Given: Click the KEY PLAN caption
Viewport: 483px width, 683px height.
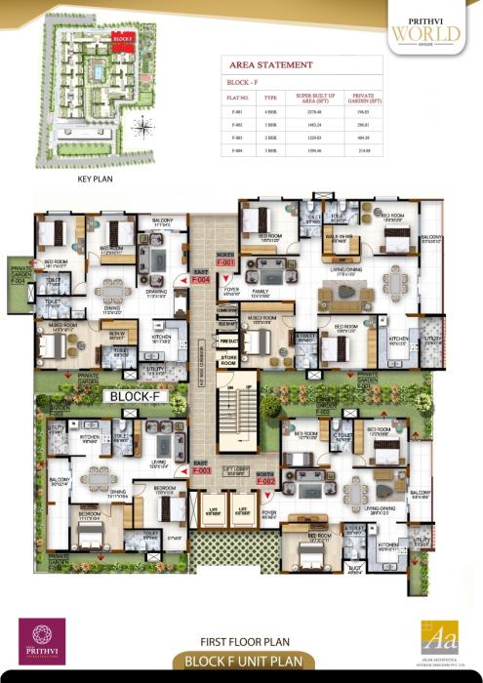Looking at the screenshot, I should tap(97, 181).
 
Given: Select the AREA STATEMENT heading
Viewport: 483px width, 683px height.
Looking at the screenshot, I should tap(270, 64).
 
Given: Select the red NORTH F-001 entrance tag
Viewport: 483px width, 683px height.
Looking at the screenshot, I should tap(226, 261).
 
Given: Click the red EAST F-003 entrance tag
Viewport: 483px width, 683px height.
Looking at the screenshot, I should tap(202, 467).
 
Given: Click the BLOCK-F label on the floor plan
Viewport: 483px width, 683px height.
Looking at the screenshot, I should tap(135, 397).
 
